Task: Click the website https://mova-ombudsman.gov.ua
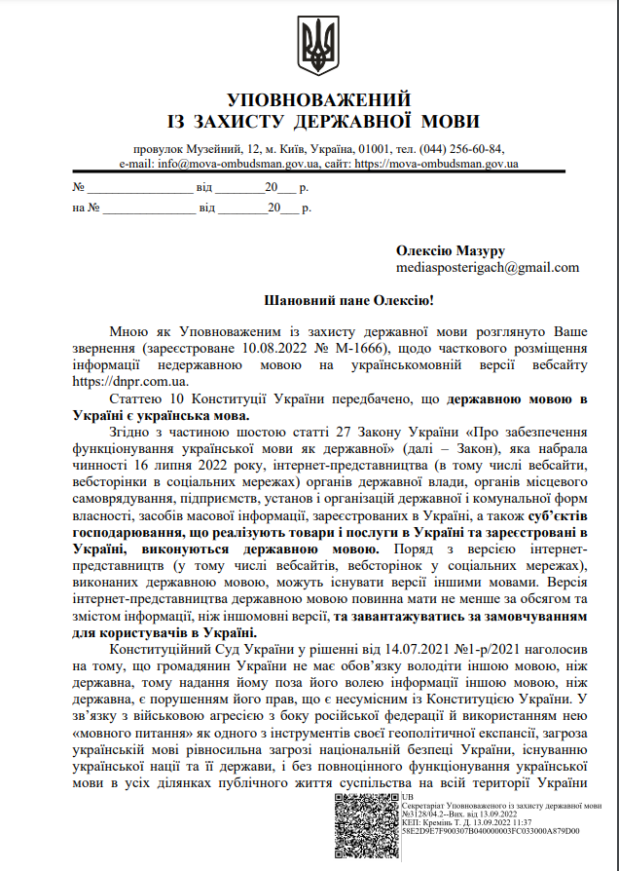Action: pos(437,164)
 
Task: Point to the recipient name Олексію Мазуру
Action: pos(451,250)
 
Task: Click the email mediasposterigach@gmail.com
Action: pos(488,268)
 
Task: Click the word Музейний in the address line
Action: pos(216,149)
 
